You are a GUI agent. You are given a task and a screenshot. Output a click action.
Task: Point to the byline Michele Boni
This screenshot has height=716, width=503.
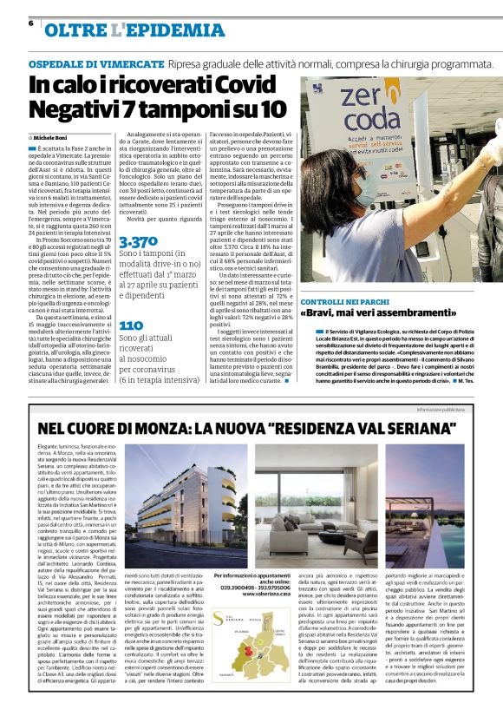[x=53, y=138]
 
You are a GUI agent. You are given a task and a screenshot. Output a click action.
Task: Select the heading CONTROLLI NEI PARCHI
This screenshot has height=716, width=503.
[x=343, y=300]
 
